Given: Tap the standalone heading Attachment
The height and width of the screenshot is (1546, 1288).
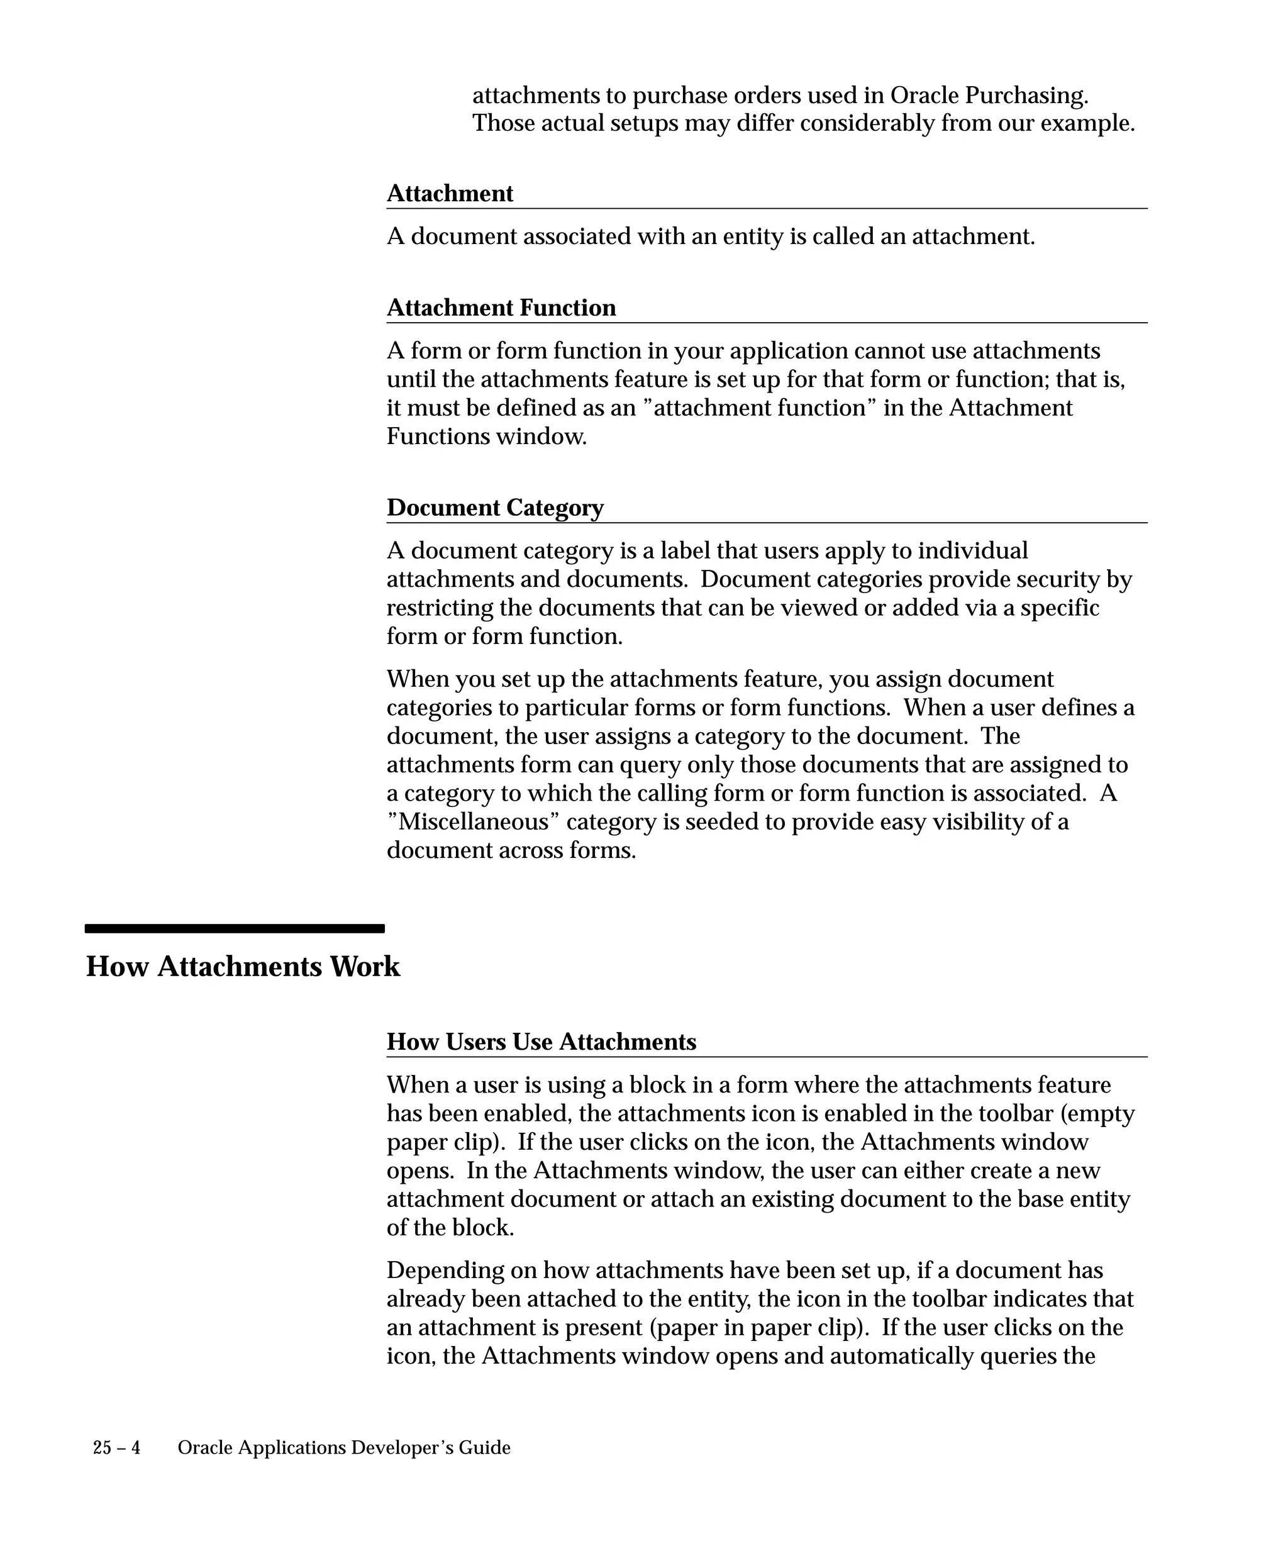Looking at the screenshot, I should point(450,194).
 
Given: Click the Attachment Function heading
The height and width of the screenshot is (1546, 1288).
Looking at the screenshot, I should point(501,308).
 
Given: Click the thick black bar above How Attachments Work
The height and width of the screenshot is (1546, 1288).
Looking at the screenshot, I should point(235,929).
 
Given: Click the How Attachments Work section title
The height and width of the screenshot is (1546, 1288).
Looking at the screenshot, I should point(243,967).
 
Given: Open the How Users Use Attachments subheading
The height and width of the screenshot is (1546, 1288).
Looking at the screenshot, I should point(541,1042).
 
